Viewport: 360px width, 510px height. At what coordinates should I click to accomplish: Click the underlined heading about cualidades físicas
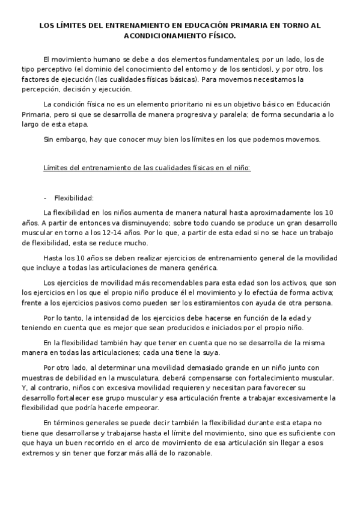(147, 168)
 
